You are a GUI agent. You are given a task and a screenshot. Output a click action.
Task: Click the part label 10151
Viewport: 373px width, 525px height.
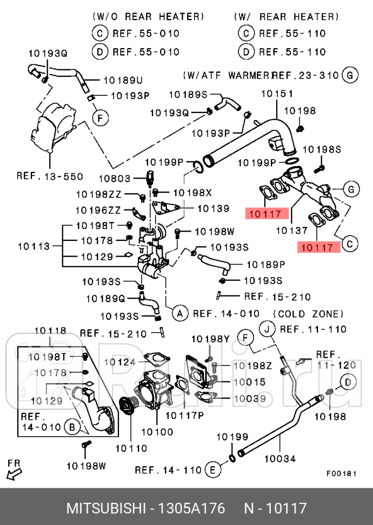pos(277,94)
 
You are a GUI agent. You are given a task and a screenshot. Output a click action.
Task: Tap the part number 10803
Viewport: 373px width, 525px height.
pos(114,178)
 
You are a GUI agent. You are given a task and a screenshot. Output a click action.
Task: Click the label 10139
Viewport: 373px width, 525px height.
pos(212,208)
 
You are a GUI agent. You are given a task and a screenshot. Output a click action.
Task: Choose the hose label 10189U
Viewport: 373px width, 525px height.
pos(122,81)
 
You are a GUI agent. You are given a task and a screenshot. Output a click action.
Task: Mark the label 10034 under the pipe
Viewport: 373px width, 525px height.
pos(280,459)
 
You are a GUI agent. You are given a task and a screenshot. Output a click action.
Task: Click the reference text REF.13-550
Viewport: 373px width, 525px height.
pos(49,176)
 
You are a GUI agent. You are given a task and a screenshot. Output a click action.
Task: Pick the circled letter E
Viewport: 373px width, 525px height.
pos(214,470)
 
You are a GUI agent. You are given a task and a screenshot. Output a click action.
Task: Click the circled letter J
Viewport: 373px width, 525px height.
pos(267,329)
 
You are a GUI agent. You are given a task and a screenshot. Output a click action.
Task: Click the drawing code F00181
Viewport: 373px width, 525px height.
pos(341,472)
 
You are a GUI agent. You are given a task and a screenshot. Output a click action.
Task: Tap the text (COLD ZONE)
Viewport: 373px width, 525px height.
pos(308,314)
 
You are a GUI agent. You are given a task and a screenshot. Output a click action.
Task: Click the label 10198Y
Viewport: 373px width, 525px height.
pos(210,339)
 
